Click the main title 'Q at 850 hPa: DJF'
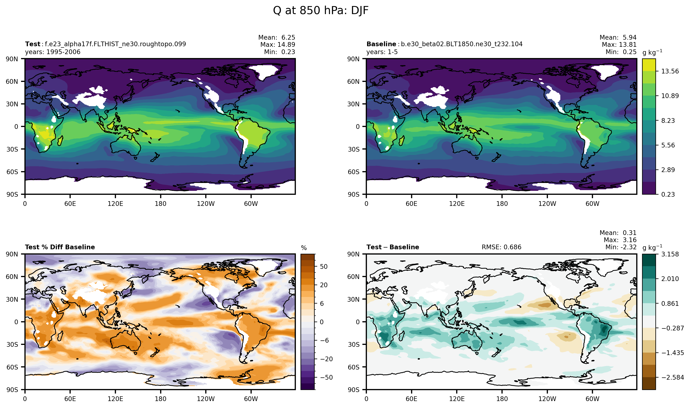[320, 11]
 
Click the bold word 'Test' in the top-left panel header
[33, 44]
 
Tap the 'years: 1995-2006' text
[53, 52]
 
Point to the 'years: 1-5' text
[382, 52]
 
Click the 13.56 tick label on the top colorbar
[670, 71]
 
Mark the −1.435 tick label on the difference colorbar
[672, 353]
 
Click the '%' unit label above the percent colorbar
[304, 248]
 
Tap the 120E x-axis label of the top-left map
[115, 204]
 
